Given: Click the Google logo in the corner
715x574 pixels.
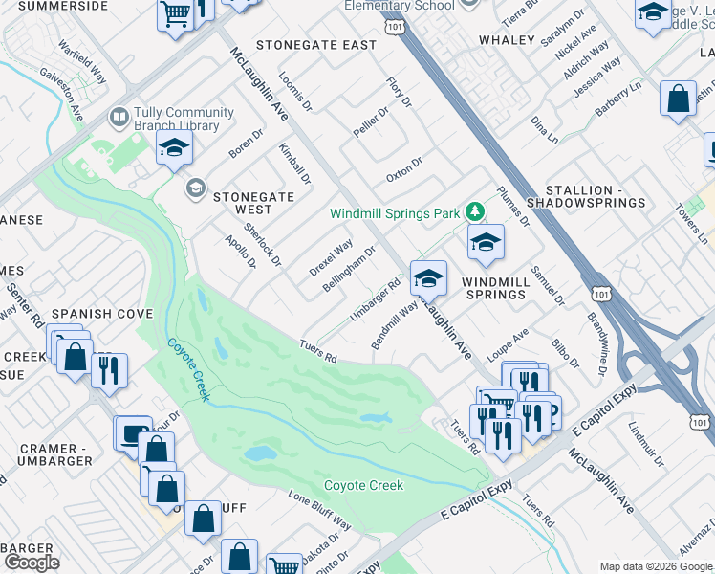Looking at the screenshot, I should [32, 563].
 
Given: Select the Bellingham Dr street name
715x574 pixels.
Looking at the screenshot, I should [349, 269].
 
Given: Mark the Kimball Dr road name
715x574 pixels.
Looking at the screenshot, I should [295, 163].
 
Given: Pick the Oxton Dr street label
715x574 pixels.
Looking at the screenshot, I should [404, 170].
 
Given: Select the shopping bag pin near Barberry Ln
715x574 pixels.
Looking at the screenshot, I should [678, 99].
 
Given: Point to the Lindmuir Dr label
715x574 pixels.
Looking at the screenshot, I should [647, 447].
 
